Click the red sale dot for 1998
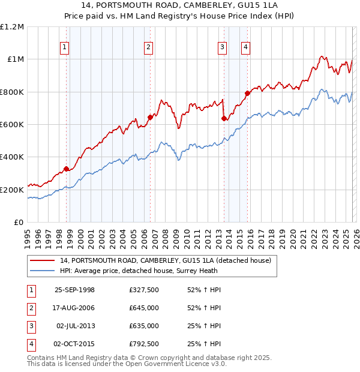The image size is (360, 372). point(67,169)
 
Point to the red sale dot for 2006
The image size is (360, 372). point(150,118)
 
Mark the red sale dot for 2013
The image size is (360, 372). point(224,119)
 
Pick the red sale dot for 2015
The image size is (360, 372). point(247,93)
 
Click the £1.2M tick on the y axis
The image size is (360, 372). point(12,27)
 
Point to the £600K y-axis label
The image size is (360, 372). point(12,125)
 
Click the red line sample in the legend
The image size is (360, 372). point(42,260)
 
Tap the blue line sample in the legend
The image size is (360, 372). point(42,271)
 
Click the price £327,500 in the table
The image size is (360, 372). point(144,290)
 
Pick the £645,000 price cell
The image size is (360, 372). point(144,308)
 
